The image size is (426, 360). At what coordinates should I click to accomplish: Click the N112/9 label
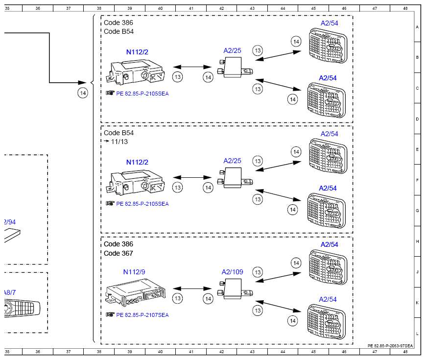pos(134,272)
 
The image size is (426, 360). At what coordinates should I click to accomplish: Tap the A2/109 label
pos(233,272)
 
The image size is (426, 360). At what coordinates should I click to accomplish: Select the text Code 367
pos(118,254)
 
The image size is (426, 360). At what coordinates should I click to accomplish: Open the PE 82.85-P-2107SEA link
pos(142,315)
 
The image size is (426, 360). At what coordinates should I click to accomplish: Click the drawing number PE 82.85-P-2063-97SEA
pos(390,345)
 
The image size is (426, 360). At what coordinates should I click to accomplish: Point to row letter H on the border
pos(417,241)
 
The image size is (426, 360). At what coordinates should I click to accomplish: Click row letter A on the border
pos(417,27)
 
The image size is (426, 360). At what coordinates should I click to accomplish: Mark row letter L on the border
pos(417,333)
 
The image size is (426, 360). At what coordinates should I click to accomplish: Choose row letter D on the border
pos(417,119)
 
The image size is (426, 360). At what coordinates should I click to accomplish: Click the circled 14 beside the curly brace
pos(83,93)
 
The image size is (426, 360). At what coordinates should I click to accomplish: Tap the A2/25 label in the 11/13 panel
pos(233,161)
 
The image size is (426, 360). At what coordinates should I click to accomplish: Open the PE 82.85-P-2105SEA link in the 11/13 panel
pos(142,204)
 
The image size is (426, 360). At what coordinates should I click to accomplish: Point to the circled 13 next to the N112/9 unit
pos(178,298)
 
